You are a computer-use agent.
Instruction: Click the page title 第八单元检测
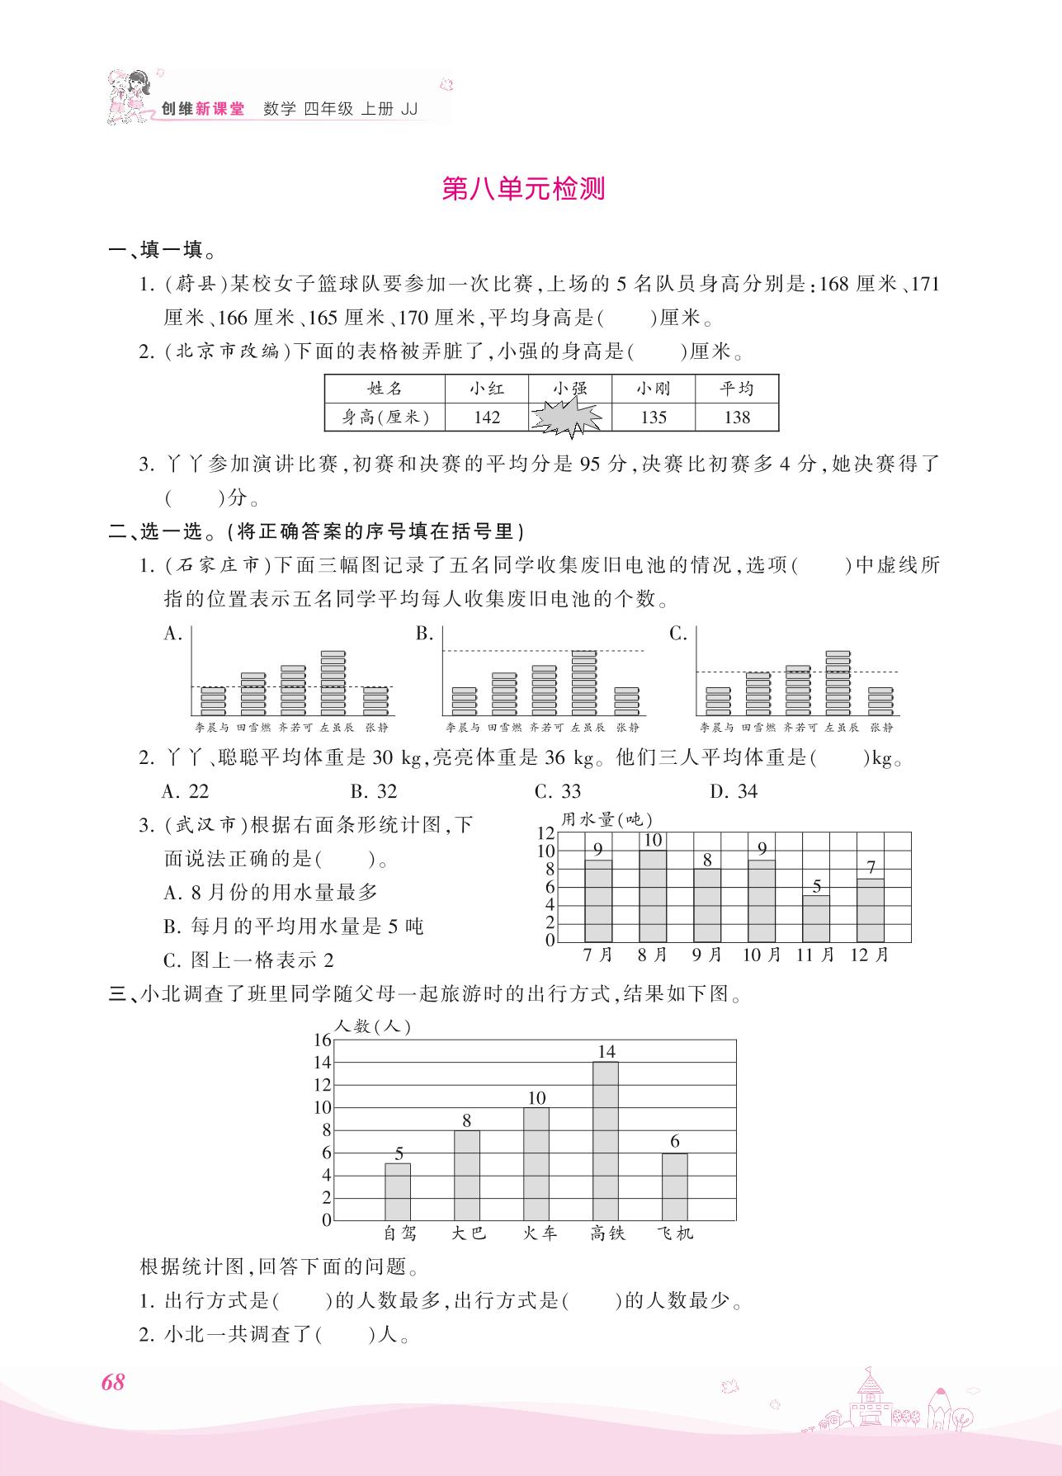click(523, 189)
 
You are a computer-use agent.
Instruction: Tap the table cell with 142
click(487, 417)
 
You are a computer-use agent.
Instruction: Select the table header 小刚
click(653, 389)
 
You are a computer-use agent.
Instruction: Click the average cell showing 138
click(736, 417)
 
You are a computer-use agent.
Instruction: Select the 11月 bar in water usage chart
click(816, 918)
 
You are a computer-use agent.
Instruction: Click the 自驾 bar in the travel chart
click(398, 1191)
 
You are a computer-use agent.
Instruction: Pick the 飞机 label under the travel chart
click(675, 1233)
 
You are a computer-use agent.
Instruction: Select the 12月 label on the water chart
click(870, 955)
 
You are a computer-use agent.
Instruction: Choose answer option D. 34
click(733, 791)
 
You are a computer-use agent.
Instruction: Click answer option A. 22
click(186, 791)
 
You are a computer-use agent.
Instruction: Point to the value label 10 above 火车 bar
click(536, 1098)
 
